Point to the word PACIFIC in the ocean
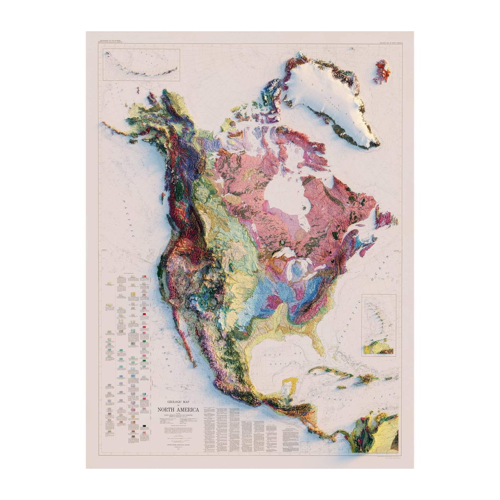click(127, 219)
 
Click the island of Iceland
click(382, 71)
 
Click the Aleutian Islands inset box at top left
click(142, 65)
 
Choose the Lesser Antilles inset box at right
click(379, 325)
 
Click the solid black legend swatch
click(144, 425)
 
